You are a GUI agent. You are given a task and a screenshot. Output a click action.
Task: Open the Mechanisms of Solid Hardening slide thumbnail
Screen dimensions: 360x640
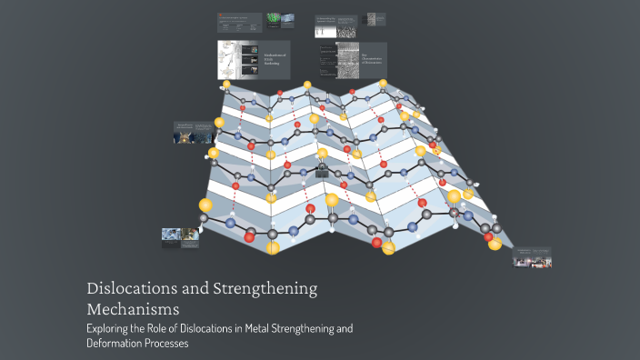(254, 60)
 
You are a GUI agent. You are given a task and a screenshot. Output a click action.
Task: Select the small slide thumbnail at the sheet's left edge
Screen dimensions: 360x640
(193, 133)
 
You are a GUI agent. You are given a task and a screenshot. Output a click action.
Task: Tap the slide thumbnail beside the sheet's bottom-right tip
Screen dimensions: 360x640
(532, 257)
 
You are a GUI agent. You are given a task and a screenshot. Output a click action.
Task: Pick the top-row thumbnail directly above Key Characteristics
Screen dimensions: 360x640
(350, 25)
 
